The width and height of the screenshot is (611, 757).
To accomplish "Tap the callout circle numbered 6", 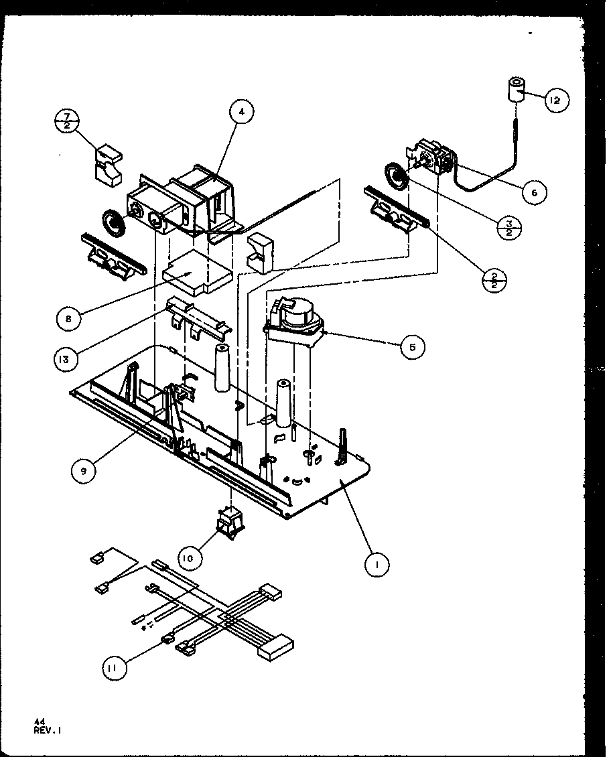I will tap(533, 193).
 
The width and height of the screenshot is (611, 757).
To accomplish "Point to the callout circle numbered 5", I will tap(413, 346).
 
